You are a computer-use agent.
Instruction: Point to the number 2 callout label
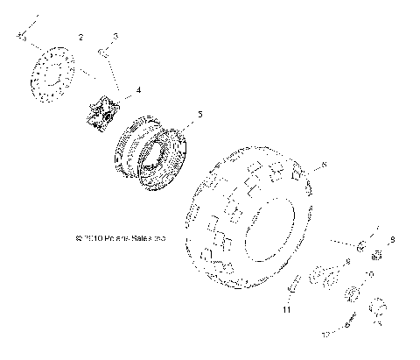[80, 38]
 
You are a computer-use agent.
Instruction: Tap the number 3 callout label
[115, 35]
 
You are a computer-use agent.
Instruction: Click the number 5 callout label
[199, 114]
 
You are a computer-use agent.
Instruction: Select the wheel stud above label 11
[294, 286]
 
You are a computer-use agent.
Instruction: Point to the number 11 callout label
[286, 308]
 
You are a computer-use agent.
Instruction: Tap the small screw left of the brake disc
[24, 37]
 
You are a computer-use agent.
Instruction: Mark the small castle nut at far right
[379, 256]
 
